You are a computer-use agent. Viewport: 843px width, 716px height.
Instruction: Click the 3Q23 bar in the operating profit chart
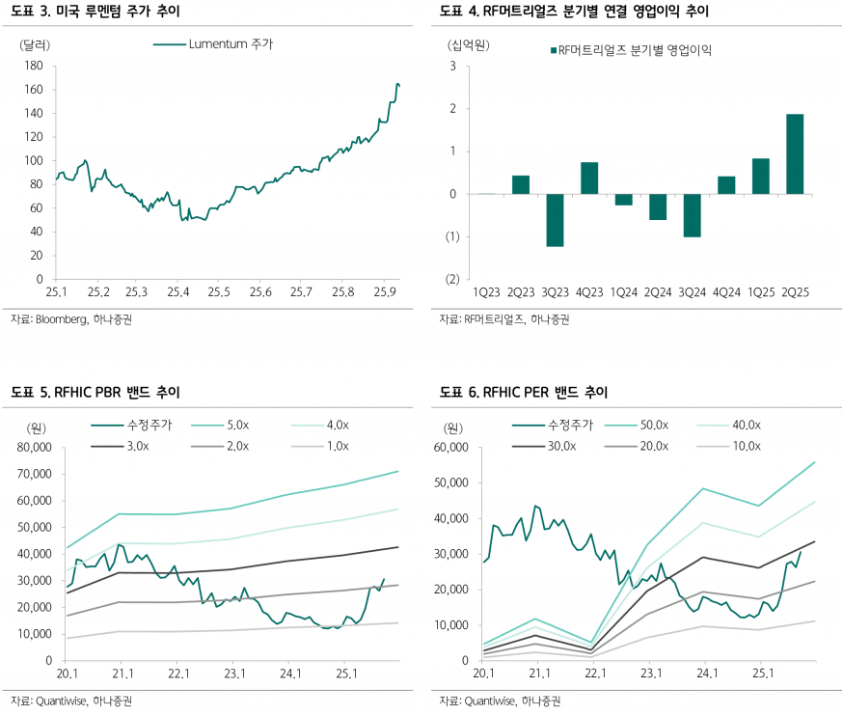click(x=555, y=220)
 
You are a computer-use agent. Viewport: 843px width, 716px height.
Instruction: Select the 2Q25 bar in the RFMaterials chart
click(x=795, y=154)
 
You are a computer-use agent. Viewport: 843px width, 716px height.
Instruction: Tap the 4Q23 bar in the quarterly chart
click(x=589, y=179)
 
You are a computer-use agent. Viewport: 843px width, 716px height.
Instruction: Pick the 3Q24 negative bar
click(x=692, y=215)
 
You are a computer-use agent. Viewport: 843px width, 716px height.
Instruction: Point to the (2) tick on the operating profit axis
click(x=449, y=280)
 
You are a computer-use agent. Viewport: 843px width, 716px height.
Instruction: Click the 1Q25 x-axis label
click(x=760, y=291)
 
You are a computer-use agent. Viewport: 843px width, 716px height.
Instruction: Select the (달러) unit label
click(x=36, y=44)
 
